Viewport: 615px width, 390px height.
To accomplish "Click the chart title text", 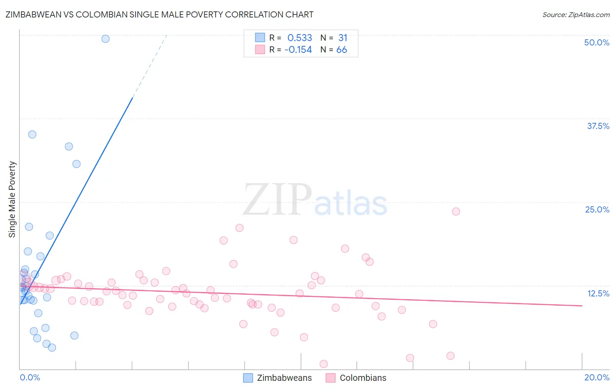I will pos(159,14).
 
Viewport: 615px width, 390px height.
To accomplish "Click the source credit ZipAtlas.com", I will pos(576,15).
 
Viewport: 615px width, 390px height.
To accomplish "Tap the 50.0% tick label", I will pos(597,42).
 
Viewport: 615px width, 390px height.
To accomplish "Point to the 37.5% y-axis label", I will pos(598,126).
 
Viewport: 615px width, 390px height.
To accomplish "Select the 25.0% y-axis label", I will pos(597,209).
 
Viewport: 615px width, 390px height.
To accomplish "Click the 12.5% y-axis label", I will pos(598,293).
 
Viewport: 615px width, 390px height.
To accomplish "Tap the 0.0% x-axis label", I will pos(30,377).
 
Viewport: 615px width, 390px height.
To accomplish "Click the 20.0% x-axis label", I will pos(597,377).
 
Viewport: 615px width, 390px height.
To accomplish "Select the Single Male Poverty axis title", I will pos(12,199).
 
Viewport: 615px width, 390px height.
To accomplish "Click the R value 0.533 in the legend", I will pos(300,38).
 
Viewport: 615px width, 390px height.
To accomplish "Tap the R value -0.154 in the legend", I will pos(298,50).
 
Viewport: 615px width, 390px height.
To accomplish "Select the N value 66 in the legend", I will pos(342,50).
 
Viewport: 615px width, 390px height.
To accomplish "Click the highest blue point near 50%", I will pos(105,38).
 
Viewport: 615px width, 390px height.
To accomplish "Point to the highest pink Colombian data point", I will pos(456,211).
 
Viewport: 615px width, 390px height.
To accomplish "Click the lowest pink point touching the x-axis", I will pos(324,364).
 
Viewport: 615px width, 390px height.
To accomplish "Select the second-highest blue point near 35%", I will pos(32,134).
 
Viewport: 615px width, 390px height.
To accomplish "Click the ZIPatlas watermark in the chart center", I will pos(315,200).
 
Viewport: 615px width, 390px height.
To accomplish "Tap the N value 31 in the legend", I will pos(342,38).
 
